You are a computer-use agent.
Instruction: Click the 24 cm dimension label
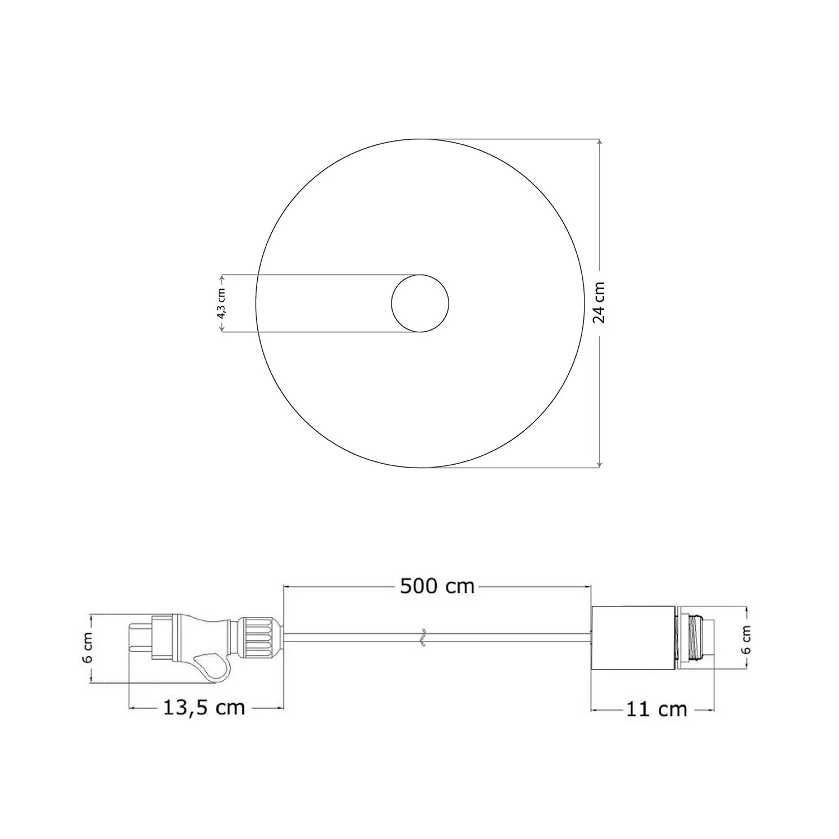[599, 303]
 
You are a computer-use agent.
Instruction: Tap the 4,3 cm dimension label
[221, 304]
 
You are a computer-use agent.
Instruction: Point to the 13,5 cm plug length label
[204, 708]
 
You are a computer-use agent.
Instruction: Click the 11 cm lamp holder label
[656, 709]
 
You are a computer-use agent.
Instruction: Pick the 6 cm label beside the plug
[88, 649]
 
